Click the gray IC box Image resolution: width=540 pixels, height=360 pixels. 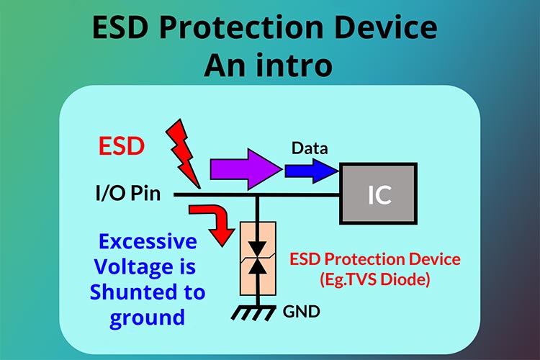[379, 194]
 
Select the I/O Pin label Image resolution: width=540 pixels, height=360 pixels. [127, 194]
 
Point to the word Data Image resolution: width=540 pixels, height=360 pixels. [310, 148]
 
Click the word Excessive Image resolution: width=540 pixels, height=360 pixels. [148, 241]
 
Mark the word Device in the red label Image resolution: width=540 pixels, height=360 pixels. [435, 258]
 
